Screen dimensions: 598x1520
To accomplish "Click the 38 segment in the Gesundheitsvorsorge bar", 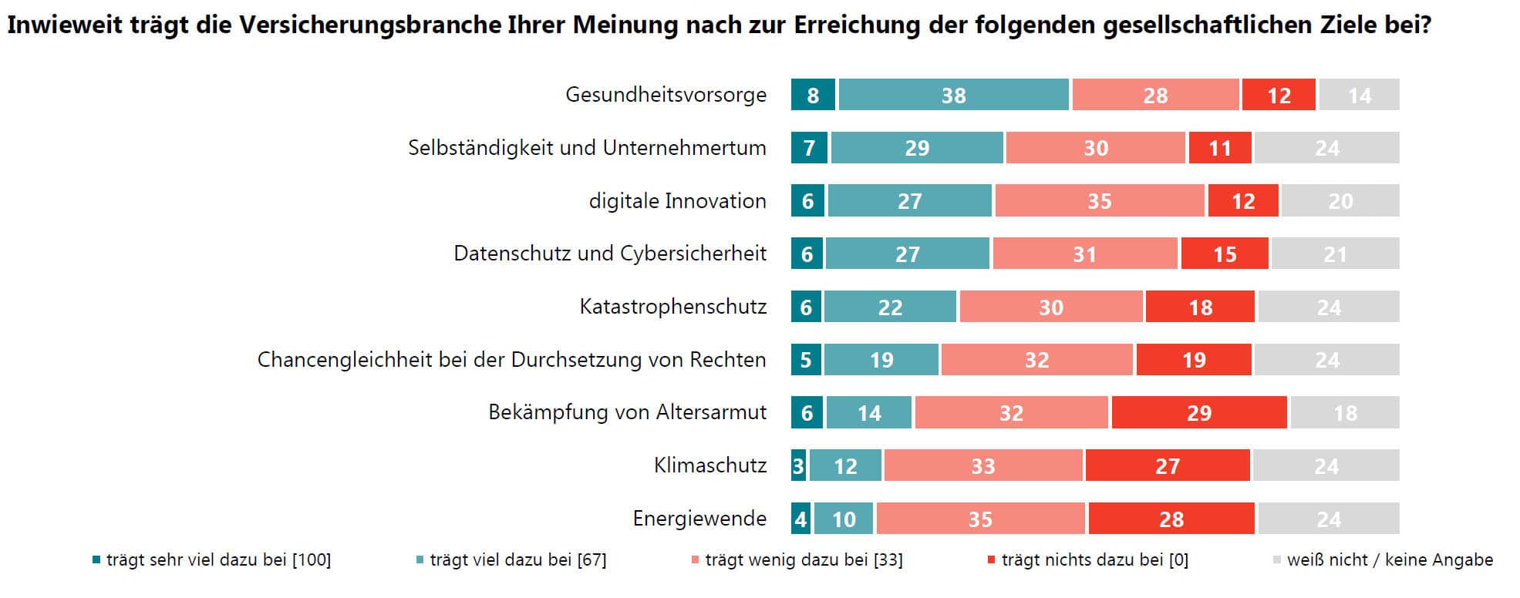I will tap(953, 95).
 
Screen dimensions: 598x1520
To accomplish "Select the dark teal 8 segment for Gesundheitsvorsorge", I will tap(813, 95).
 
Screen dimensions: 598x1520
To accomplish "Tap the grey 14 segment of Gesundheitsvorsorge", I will tap(1359, 95).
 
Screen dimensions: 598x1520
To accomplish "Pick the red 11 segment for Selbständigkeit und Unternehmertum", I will tap(1219, 148).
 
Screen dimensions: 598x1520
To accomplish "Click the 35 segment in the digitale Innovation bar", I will tap(1099, 201).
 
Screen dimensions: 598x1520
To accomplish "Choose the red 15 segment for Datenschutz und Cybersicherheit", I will tap(1224, 254).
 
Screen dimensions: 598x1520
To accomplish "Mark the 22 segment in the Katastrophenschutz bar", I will tap(890, 307).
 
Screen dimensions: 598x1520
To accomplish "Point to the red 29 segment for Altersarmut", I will tap(1198, 412).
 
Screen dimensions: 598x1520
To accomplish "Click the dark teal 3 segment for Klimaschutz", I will tap(798, 465).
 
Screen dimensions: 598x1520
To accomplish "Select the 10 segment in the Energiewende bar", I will tap(844, 519).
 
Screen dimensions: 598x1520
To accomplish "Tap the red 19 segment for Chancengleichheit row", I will tap(1193, 360).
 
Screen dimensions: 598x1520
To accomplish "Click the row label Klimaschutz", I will tap(710, 465).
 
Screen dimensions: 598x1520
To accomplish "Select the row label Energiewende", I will tap(699, 519).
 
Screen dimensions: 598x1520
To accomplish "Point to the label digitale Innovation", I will tap(677, 201).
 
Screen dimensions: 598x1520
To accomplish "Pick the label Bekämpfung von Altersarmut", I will tap(627, 412).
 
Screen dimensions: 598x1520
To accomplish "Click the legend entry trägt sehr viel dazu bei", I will tap(218, 560).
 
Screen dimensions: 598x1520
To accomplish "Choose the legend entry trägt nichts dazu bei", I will tap(1094, 560).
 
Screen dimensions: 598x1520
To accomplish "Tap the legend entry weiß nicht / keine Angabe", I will tap(1389, 560).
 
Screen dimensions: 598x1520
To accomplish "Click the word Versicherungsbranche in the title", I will tap(369, 25).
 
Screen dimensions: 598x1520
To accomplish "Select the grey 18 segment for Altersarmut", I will tap(1344, 412).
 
